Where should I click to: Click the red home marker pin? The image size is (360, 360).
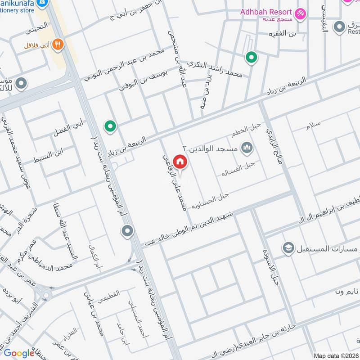180,161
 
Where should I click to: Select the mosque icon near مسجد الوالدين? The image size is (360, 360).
246,147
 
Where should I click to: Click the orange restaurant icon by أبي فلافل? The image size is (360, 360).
57,44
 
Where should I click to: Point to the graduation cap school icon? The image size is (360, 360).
288,247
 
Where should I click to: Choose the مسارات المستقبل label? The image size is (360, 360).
327,248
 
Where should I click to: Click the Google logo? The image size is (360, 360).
19,353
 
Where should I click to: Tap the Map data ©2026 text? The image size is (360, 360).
336,355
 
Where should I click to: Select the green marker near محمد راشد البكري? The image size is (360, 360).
251,58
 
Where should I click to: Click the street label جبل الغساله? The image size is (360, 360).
238,170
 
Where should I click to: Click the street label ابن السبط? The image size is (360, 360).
48,155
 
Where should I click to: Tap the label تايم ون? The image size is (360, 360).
346,292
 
